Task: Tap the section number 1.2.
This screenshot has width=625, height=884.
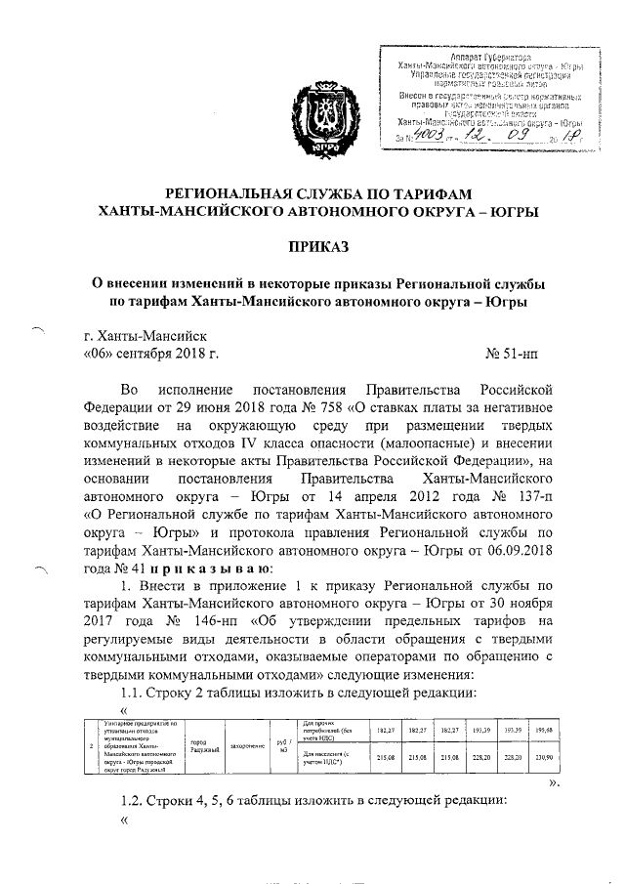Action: point(131,800)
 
